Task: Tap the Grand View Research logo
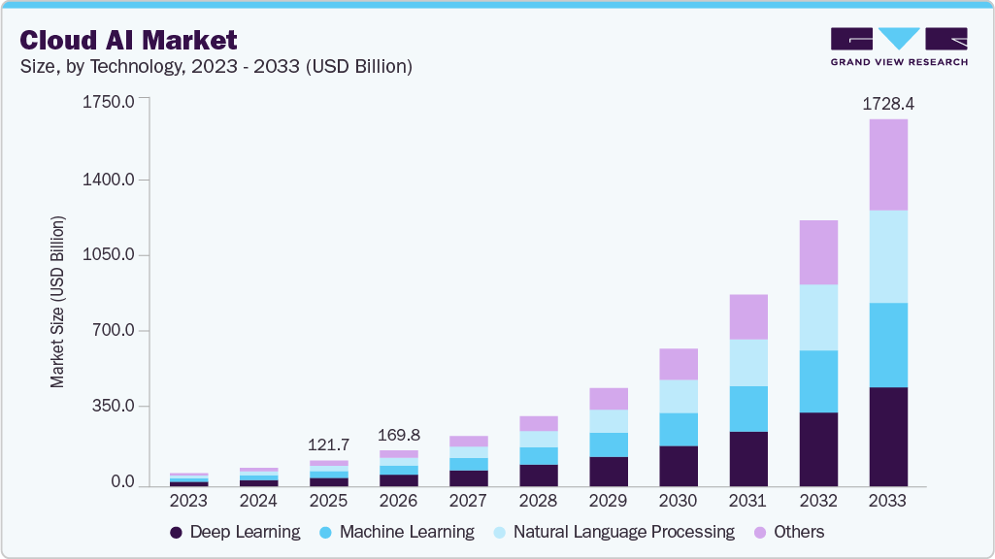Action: pyautogui.click(x=899, y=47)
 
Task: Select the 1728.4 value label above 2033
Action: pyautogui.click(x=887, y=103)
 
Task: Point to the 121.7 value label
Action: pyautogui.click(x=328, y=444)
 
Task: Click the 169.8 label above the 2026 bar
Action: pyautogui.click(x=398, y=434)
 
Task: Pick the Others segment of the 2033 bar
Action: pyautogui.click(x=887, y=165)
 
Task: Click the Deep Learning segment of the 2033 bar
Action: pyautogui.click(x=887, y=437)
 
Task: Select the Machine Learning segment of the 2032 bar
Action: pyautogui.click(x=817, y=381)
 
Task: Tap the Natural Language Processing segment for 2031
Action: pyautogui.click(x=747, y=362)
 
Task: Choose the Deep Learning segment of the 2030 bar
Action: pyautogui.click(x=678, y=466)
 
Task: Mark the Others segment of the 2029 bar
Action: pyautogui.click(x=608, y=399)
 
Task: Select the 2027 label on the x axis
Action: pyautogui.click(x=468, y=502)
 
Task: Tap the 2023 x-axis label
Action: pyautogui.click(x=188, y=502)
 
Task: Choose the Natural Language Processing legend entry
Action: pyautogui.click(x=613, y=532)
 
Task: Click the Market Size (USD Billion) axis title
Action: pyautogui.click(x=58, y=302)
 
